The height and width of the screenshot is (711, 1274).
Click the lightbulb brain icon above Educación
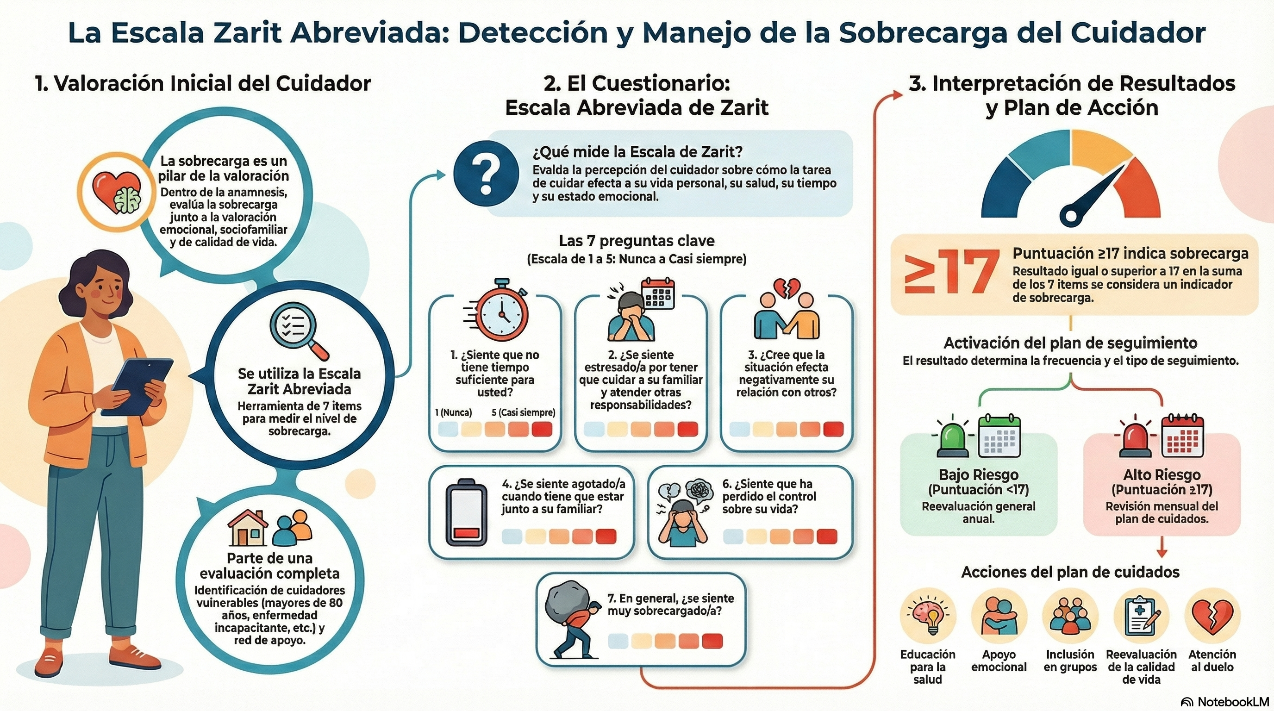927,616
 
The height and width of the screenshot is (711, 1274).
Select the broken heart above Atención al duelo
1212,617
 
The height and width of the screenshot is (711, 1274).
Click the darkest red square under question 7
712,641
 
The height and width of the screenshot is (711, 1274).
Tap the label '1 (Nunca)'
454,412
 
